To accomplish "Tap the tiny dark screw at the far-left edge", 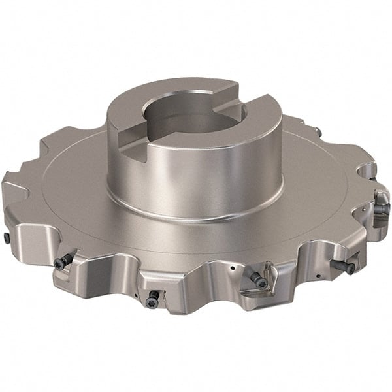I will pyautogui.click(x=7, y=239).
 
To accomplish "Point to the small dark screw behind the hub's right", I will pyautogui.click(x=319, y=133).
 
